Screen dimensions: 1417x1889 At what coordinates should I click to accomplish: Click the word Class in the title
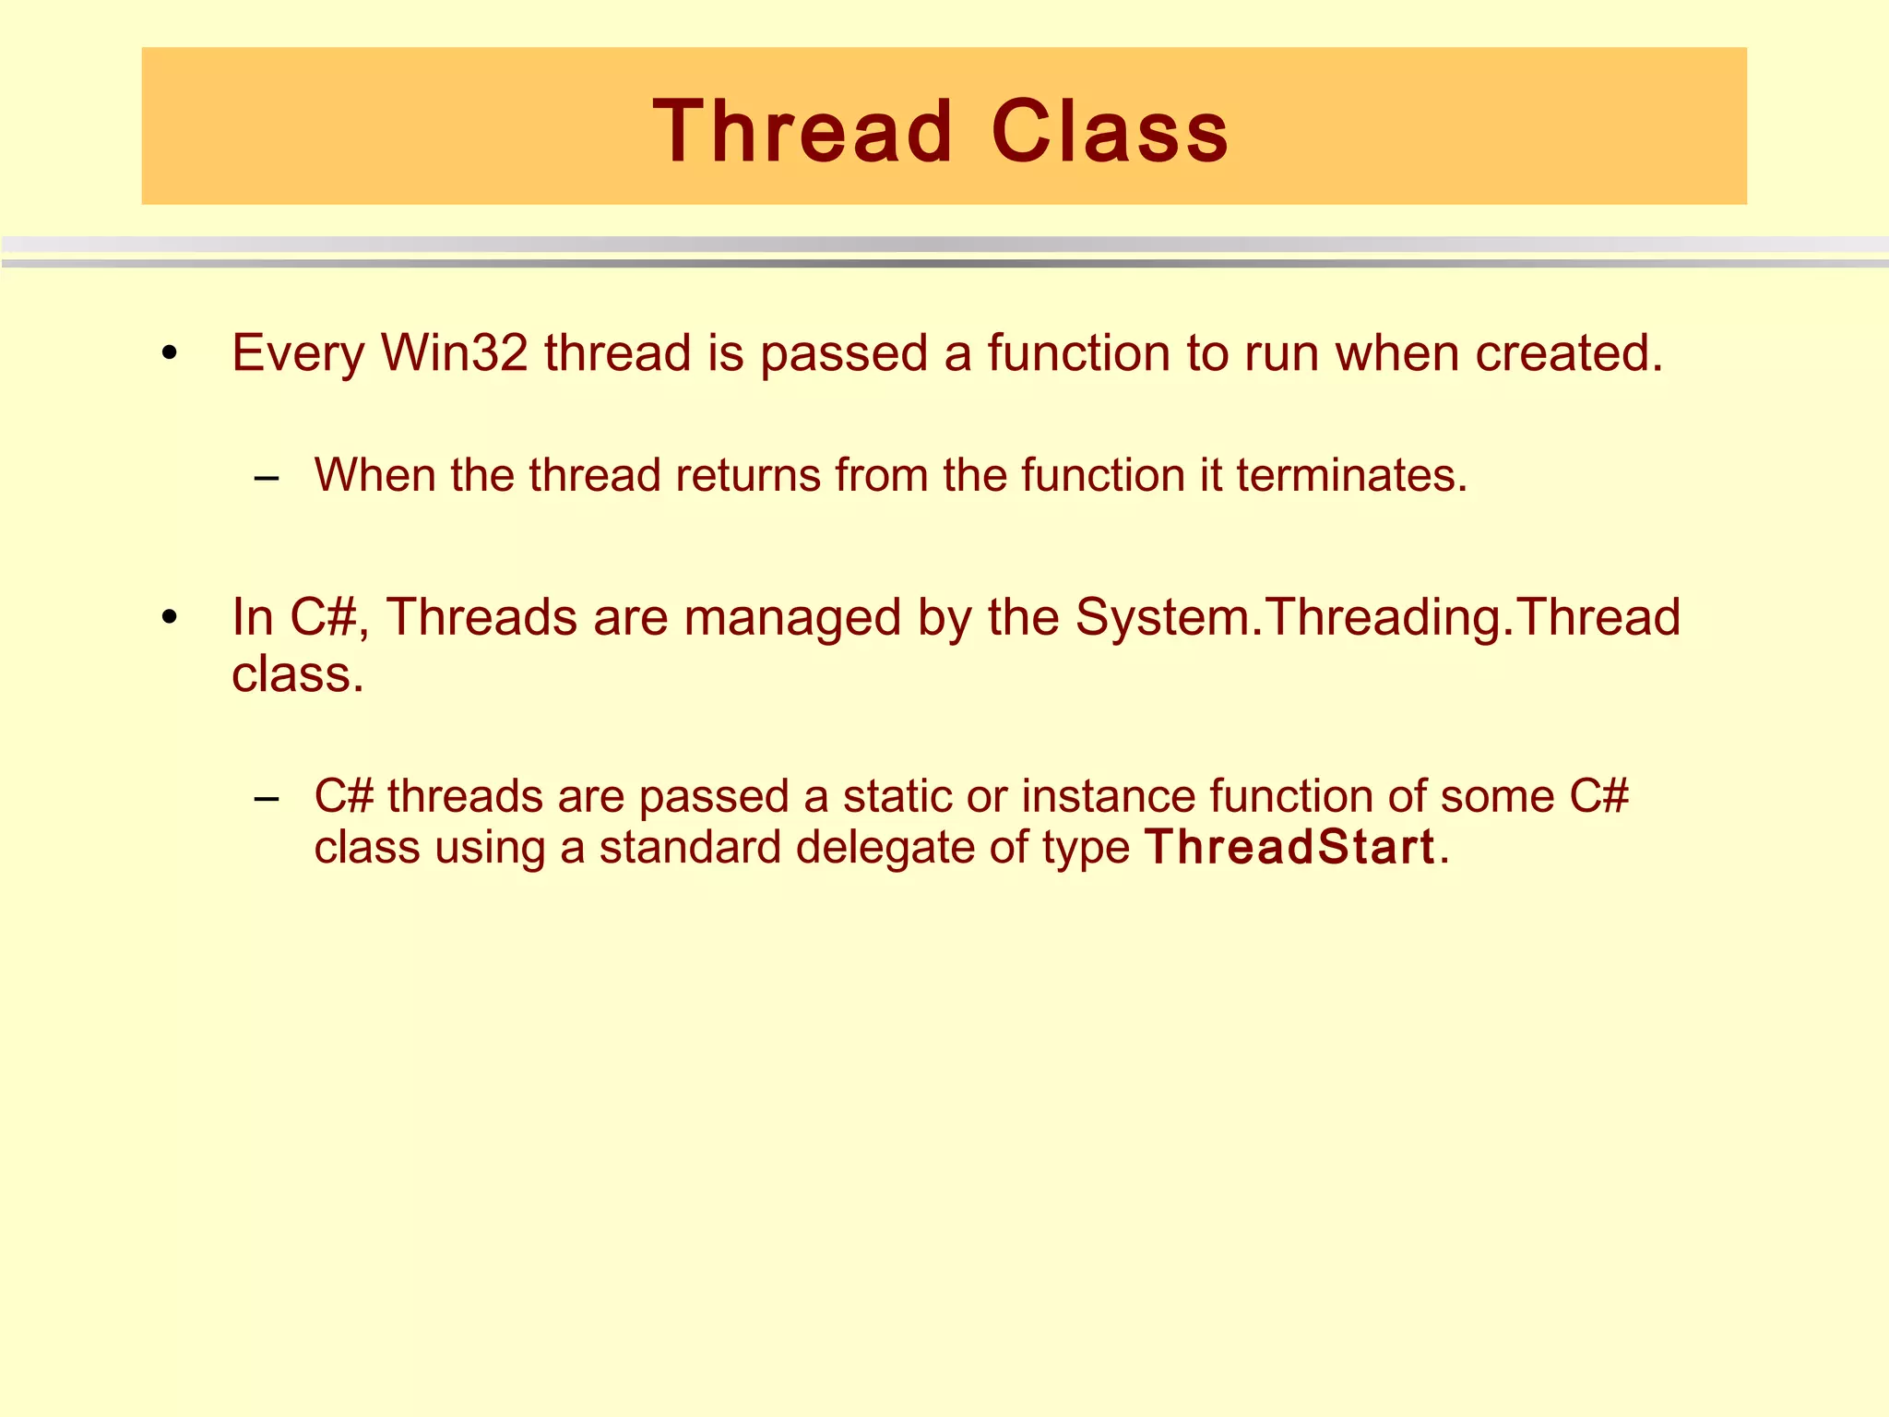pyautogui.click(x=1110, y=132)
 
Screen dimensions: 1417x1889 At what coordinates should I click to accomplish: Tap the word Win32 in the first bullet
pyautogui.click(x=455, y=352)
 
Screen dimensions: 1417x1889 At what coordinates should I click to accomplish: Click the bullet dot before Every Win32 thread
pyautogui.click(x=168, y=353)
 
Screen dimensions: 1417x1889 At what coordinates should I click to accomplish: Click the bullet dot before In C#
pyautogui.click(x=168, y=617)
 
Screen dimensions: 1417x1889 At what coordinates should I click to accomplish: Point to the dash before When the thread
pyautogui.click(x=267, y=478)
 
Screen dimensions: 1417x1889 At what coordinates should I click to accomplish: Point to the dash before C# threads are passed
pyautogui.click(x=267, y=798)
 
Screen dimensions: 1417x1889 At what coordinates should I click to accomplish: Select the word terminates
pyautogui.click(x=1350, y=475)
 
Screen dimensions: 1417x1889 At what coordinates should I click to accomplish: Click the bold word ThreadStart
pyautogui.click(x=1289, y=847)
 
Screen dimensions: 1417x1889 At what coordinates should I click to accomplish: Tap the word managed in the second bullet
pyautogui.click(x=792, y=618)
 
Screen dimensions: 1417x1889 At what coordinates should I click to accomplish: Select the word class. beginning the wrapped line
pyautogui.click(x=297, y=674)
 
